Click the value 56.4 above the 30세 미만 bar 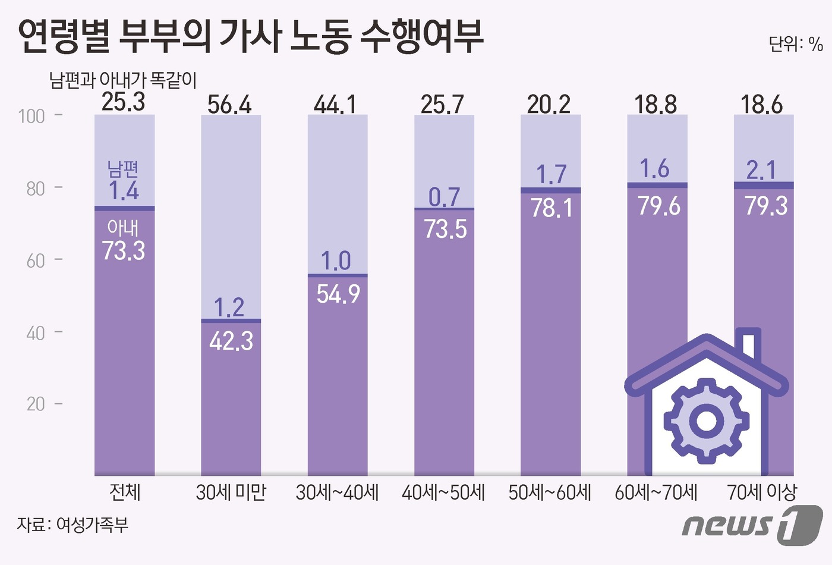(x=229, y=105)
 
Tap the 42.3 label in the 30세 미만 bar (x=231, y=341)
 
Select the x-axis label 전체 (x=125, y=492)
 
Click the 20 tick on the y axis (x=36, y=404)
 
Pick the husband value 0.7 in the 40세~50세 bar (x=444, y=197)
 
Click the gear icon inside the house (x=705, y=420)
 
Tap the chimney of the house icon (x=749, y=343)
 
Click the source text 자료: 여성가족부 (x=73, y=525)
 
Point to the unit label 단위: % (x=795, y=44)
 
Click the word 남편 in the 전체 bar (x=124, y=169)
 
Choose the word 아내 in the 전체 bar (x=123, y=228)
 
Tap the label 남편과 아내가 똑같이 (x=123, y=80)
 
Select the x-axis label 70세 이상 (x=762, y=492)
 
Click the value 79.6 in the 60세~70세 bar (x=658, y=206)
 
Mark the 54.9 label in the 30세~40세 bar (x=338, y=294)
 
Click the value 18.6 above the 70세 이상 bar (x=762, y=105)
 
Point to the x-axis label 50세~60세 (x=550, y=492)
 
